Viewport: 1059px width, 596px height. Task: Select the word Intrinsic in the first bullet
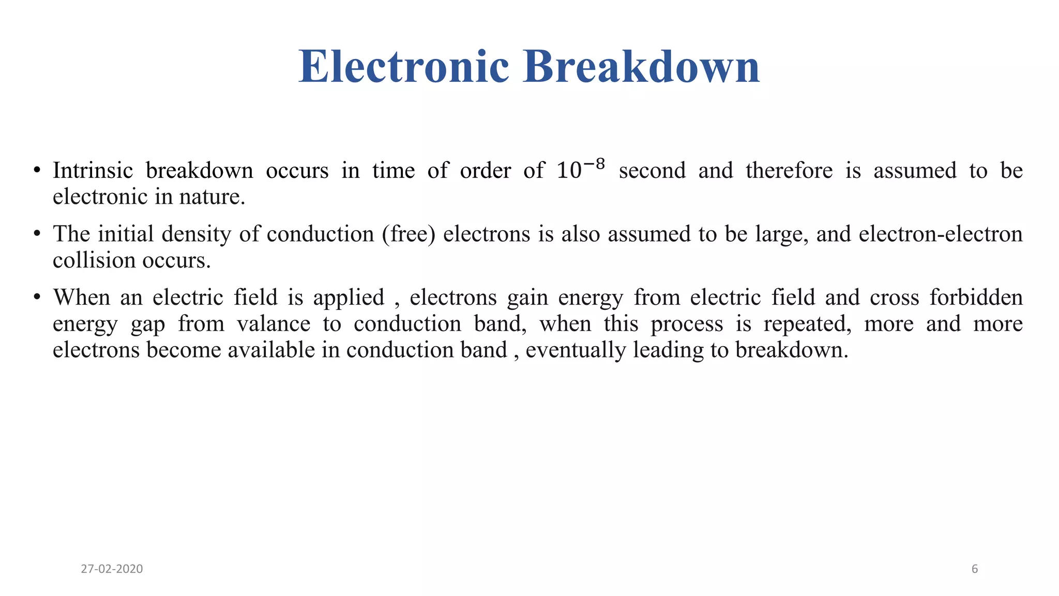pyautogui.click(x=93, y=171)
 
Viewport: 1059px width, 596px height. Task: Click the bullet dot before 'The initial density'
pyautogui.click(x=37, y=234)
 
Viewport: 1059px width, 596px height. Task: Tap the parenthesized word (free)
pyautogui.click(x=409, y=234)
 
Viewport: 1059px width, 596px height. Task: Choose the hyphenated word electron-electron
pyautogui.click(x=941, y=234)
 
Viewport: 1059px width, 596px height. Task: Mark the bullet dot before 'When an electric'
pyautogui.click(x=37, y=298)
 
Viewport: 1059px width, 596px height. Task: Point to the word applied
pyautogui.click(x=349, y=298)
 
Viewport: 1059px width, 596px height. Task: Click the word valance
pyautogui.click(x=274, y=324)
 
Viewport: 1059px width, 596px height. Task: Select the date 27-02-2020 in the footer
pyautogui.click(x=112, y=569)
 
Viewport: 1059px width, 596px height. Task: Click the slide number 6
pyautogui.click(x=975, y=569)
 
